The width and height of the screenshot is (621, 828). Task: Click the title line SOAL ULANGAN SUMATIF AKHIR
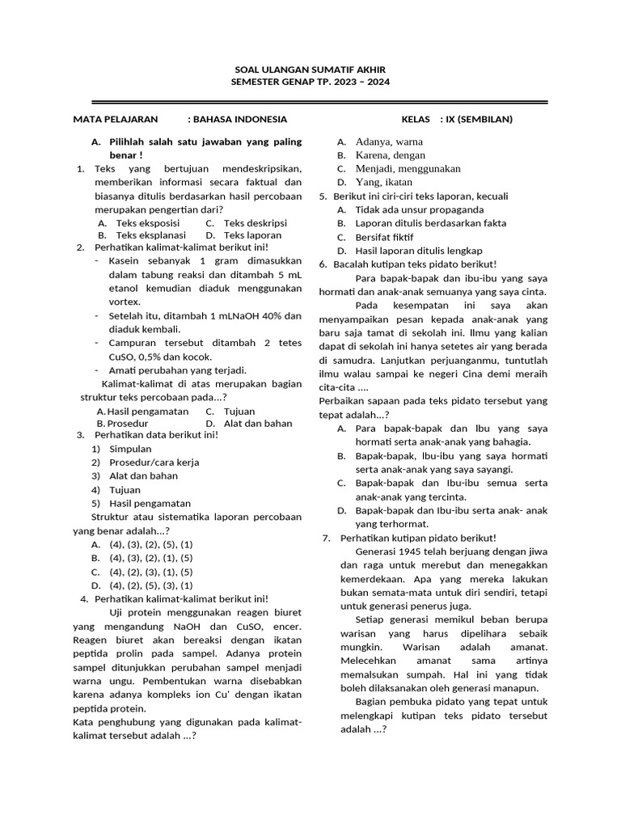(x=310, y=70)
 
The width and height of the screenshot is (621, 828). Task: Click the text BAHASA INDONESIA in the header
(x=237, y=120)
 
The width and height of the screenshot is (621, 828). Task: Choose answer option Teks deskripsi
(x=255, y=222)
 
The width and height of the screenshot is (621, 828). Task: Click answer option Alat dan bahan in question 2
(x=258, y=423)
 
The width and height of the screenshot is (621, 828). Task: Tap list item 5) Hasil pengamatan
(x=148, y=504)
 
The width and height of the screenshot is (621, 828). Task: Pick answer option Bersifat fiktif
(x=384, y=237)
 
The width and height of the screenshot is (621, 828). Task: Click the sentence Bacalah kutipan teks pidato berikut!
(x=415, y=264)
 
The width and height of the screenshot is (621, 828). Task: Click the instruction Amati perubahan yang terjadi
(x=166, y=370)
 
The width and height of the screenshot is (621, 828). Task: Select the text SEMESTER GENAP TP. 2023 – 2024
(x=310, y=82)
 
